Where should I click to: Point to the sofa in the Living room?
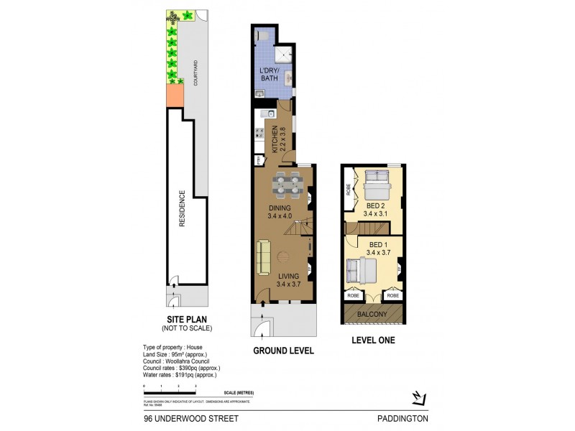pyautogui.click(x=264, y=256)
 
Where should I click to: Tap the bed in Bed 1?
pyautogui.click(x=361, y=271)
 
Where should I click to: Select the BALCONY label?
pyautogui.click(x=373, y=315)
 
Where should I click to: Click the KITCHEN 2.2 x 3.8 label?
pyautogui.click(x=279, y=139)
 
